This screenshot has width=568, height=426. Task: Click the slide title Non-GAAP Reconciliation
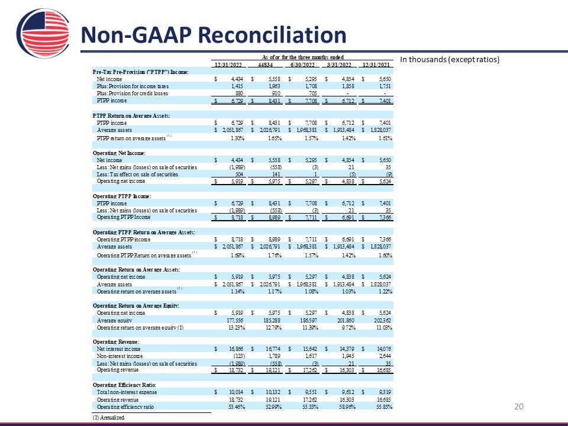pos(213,35)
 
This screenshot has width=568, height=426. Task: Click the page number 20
pos(519,406)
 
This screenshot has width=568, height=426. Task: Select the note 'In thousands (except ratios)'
pos(450,60)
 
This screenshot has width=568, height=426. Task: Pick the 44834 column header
pos(264,64)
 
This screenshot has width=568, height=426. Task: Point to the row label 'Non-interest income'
pos(120,356)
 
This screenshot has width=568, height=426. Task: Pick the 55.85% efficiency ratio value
pos(383,407)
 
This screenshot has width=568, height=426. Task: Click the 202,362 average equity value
pos(381,319)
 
